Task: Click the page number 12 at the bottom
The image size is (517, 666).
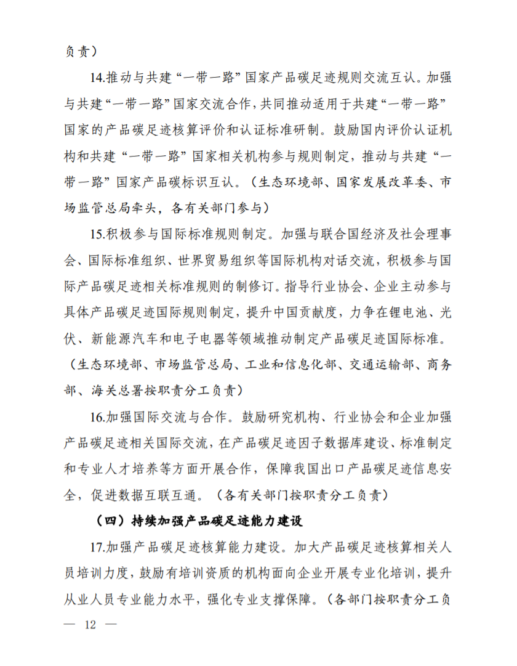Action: click(91, 624)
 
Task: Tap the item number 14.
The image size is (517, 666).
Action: click(96, 79)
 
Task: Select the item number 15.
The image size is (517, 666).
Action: click(96, 235)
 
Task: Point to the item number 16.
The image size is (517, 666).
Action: click(96, 417)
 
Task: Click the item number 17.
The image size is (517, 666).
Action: click(96, 546)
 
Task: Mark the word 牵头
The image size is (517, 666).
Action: click(145, 209)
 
